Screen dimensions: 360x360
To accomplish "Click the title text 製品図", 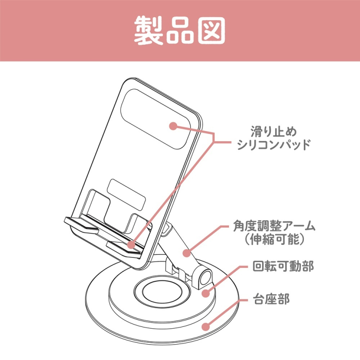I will pyautogui.click(x=180, y=31).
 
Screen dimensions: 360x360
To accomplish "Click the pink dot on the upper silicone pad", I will pyautogui.click(x=173, y=126).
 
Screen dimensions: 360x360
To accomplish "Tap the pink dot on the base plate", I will pyautogui.click(x=205, y=327).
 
